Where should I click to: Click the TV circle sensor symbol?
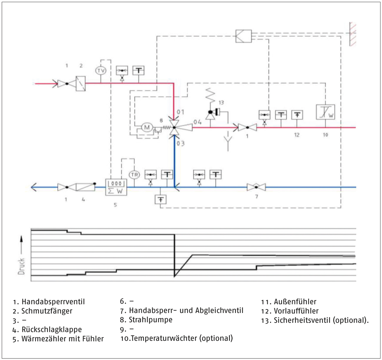[101, 71]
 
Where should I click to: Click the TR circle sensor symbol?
[134, 175]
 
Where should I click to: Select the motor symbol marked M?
[147, 127]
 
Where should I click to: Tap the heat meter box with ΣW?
[116, 187]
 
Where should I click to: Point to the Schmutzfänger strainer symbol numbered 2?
[81, 84]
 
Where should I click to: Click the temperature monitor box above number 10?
[325, 112]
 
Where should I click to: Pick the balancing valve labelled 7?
[256, 187]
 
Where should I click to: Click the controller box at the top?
[244, 36]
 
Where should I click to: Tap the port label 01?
[181, 112]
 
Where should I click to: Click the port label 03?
[181, 144]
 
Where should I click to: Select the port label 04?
[197, 122]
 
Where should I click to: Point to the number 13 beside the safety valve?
[221, 102]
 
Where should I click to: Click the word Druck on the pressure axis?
[21, 266]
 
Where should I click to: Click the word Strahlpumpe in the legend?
[151, 320]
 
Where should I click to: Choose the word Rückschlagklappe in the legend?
[52, 329]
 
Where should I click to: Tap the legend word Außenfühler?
[295, 302]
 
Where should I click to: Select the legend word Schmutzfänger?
[47, 311]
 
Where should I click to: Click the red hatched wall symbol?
[353, 34]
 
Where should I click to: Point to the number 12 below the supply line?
[296, 135]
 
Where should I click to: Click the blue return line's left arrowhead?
[34, 187]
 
